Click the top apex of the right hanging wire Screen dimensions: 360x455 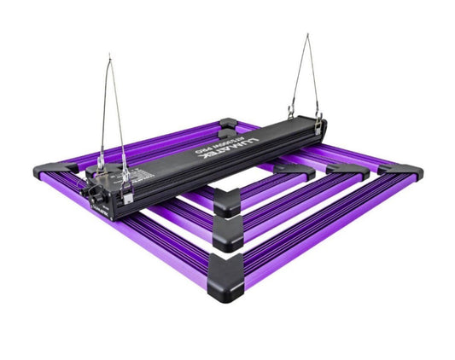307,36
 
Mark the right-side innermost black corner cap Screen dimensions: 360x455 299,168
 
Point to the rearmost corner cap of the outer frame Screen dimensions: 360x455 227,125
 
